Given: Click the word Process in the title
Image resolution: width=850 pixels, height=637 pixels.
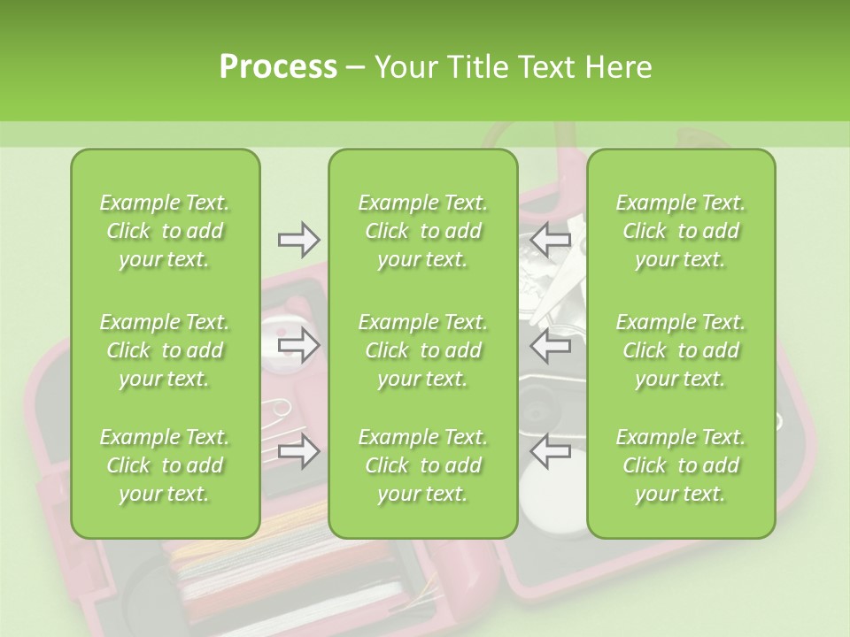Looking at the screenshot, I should tap(278, 67).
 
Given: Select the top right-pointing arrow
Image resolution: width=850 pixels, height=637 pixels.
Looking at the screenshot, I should tap(299, 239).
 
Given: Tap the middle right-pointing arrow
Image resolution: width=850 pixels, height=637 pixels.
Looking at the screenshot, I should tap(299, 345).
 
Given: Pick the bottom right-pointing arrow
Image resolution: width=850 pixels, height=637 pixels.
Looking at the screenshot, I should tap(299, 452).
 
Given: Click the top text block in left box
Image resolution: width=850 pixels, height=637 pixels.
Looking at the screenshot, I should tap(165, 231).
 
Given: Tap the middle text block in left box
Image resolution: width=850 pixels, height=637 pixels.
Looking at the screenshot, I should tap(165, 350).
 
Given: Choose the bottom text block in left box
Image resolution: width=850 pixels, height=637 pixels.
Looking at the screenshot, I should tap(165, 465).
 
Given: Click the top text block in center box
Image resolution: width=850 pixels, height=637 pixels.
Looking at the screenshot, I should tap(423, 231).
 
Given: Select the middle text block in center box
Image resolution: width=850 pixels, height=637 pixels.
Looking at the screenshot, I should tap(423, 350).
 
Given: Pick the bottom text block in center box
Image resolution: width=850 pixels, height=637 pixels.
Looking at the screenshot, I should tap(423, 465).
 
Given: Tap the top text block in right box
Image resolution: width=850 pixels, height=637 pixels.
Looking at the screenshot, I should tap(681, 231).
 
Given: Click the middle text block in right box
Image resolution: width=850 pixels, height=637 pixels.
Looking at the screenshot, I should tap(681, 350).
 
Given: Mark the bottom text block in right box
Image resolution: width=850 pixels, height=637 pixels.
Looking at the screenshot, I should tap(681, 465).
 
